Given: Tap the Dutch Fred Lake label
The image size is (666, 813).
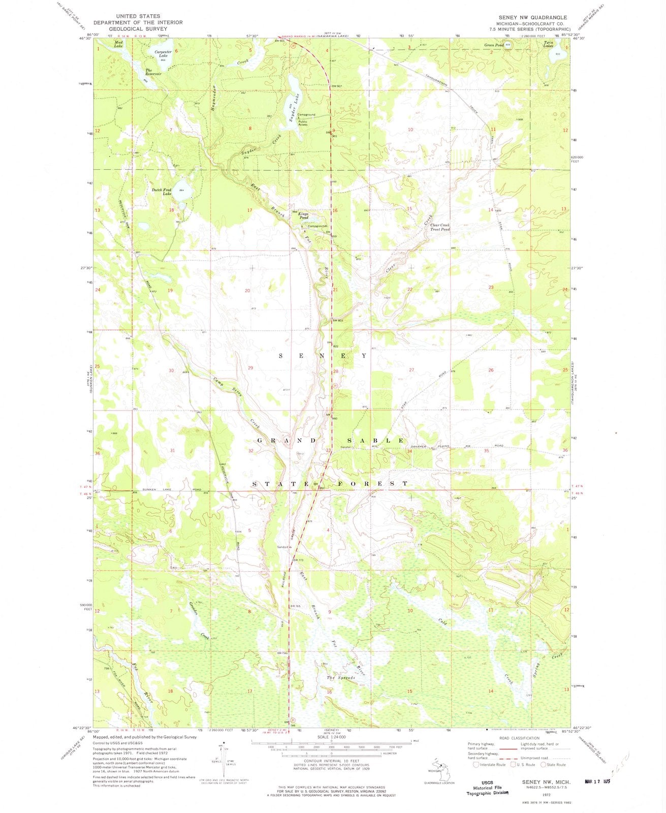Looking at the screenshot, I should pyautogui.click(x=160, y=192).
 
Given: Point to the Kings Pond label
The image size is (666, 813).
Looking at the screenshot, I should pyautogui.click(x=304, y=215).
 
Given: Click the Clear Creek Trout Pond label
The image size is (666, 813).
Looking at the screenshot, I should pyautogui.click(x=440, y=227).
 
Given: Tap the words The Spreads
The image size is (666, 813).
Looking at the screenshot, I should pyautogui.click(x=340, y=678).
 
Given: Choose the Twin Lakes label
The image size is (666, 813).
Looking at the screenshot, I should pyautogui.click(x=548, y=44).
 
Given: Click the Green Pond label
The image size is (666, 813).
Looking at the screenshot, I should pyautogui.click(x=494, y=45).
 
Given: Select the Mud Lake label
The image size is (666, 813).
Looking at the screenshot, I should pyautogui.click(x=118, y=44).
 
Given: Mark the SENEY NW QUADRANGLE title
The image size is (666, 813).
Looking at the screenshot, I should pyautogui.click(x=528, y=17).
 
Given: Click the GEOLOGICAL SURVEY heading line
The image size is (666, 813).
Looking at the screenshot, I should pyautogui.click(x=138, y=29).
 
